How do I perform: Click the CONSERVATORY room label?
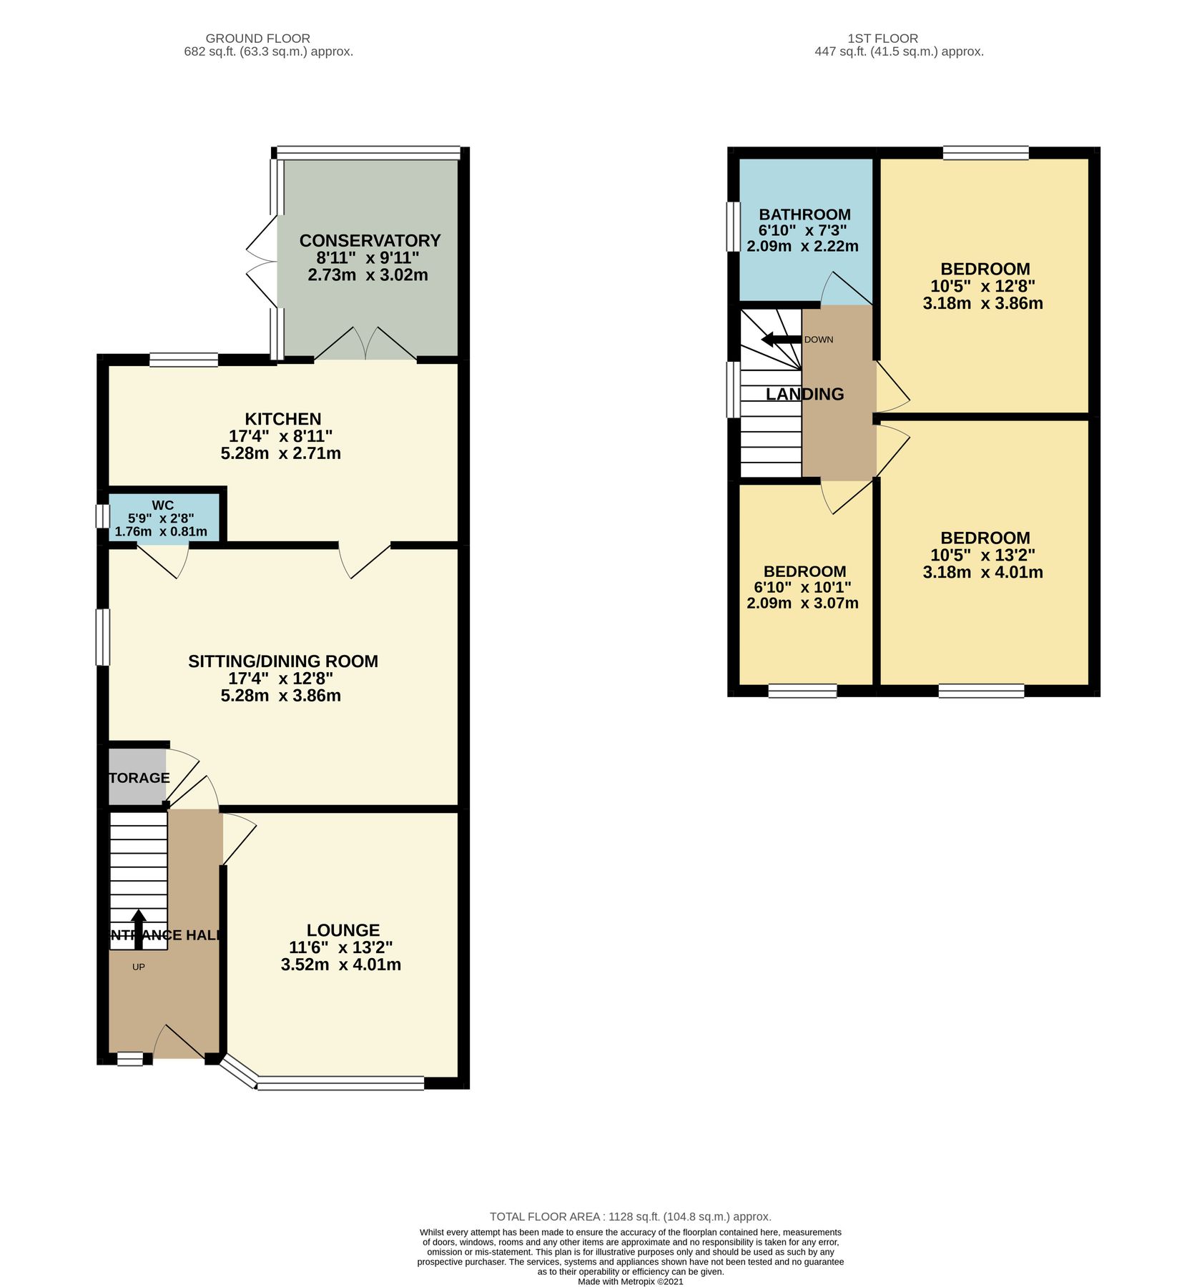(370, 240)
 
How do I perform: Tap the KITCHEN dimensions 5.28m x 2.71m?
(280, 453)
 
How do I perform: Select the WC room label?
(163, 506)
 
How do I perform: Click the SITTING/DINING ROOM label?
(283, 661)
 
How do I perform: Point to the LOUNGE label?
(343, 930)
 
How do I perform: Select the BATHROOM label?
(804, 214)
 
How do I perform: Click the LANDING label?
(804, 394)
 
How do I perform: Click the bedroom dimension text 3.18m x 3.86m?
(982, 303)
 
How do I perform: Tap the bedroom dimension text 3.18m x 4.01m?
(982, 573)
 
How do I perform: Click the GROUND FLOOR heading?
(257, 39)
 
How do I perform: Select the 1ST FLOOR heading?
(882, 39)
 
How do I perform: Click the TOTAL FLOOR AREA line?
(630, 1216)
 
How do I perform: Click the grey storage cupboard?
(137, 777)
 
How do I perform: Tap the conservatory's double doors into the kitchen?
(365, 345)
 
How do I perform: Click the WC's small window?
(102, 516)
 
